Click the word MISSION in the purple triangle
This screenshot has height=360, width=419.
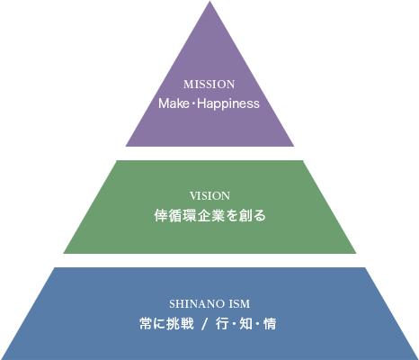point(209,85)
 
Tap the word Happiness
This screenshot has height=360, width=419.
point(228,104)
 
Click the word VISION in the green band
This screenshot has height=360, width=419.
point(209,196)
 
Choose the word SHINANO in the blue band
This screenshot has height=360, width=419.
point(196,304)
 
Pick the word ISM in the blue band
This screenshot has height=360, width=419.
point(239,304)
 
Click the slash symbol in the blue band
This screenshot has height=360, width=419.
point(204,324)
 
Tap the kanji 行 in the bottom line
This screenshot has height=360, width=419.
point(222,324)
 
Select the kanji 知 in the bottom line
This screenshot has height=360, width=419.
point(245,324)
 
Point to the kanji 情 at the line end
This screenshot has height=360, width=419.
point(270,324)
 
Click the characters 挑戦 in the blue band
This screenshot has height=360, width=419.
point(180,324)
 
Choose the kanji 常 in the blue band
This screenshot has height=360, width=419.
point(146,324)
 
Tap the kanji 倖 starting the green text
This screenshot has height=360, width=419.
point(161,216)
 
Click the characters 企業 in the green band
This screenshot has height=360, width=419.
point(210,216)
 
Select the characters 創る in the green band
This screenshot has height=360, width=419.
point(253,216)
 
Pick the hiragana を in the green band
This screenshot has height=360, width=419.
point(231,216)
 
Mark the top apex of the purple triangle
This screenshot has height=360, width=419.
point(209,1)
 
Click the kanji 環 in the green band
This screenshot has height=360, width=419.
point(189,216)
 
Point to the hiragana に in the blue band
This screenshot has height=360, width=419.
point(159,324)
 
